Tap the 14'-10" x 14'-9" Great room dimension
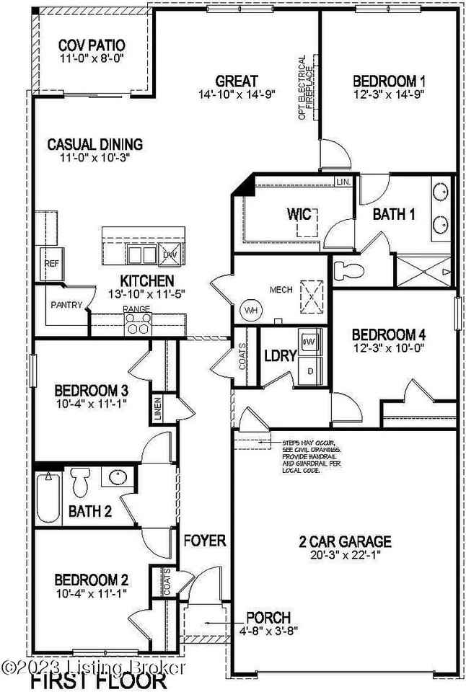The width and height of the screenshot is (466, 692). pyautogui.click(x=237, y=94)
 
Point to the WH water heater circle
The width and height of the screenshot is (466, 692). pyautogui.click(x=250, y=310)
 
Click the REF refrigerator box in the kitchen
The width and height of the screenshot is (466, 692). pyautogui.click(x=51, y=264)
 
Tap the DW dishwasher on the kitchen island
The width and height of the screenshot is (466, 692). pyautogui.click(x=170, y=255)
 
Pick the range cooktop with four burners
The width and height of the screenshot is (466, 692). pyautogui.click(x=137, y=325)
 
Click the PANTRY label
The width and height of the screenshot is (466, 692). pyautogui.click(x=66, y=305)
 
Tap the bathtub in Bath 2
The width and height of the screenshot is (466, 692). pyautogui.click(x=48, y=498)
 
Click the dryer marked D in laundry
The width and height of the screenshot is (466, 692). pyautogui.click(x=311, y=371)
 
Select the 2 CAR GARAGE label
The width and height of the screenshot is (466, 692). pyautogui.click(x=345, y=541)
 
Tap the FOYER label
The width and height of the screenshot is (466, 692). pyautogui.click(x=205, y=540)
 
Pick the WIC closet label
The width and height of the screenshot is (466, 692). pyautogui.click(x=299, y=214)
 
